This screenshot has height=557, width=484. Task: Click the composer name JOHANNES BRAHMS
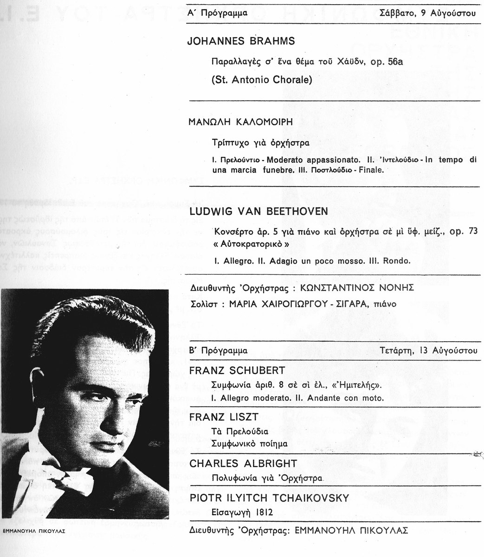(240, 41)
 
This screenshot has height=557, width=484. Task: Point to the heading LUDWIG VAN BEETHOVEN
(259, 211)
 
